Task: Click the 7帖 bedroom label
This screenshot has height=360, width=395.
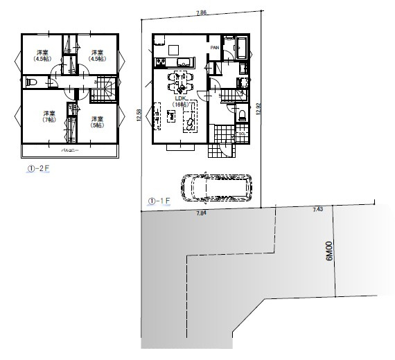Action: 49,116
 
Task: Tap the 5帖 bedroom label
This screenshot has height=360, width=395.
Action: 96,120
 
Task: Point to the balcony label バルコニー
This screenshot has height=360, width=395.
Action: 68,150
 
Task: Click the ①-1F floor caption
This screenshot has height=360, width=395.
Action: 159,201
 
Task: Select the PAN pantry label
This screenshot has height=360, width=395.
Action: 216,47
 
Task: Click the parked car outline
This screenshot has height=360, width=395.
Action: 217,186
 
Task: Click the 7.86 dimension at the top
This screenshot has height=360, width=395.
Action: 201,12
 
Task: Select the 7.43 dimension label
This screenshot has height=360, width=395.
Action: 318,209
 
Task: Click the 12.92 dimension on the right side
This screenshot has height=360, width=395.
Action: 258,111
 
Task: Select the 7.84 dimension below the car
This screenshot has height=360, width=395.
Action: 202,213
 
